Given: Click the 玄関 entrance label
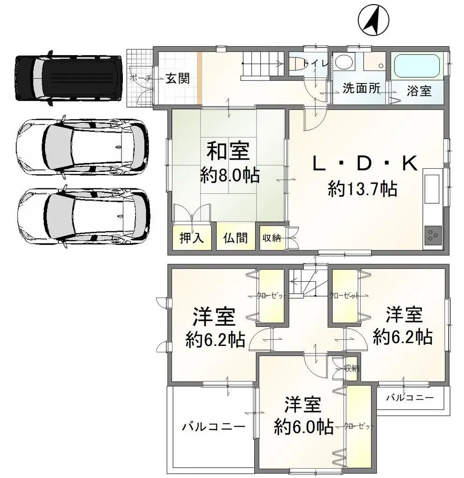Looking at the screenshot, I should (x=178, y=78).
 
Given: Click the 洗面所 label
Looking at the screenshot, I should (x=361, y=89).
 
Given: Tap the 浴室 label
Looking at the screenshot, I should (x=418, y=91).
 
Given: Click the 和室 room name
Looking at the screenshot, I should (x=228, y=151).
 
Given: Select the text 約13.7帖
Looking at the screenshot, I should (x=363, y=189).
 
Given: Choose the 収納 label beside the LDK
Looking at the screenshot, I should (x=271, y=238).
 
